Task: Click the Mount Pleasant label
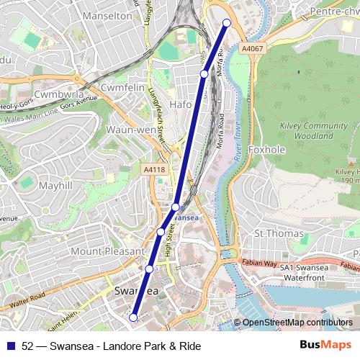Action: click(x=107, y=251)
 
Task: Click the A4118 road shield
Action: click(x=154, y=169)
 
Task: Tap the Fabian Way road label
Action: click(x=260, y=264)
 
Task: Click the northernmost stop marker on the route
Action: click(x=228, y=23)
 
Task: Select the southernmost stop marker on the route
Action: click(x=133, y=317)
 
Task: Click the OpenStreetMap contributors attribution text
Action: click(x=297, y=323)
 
